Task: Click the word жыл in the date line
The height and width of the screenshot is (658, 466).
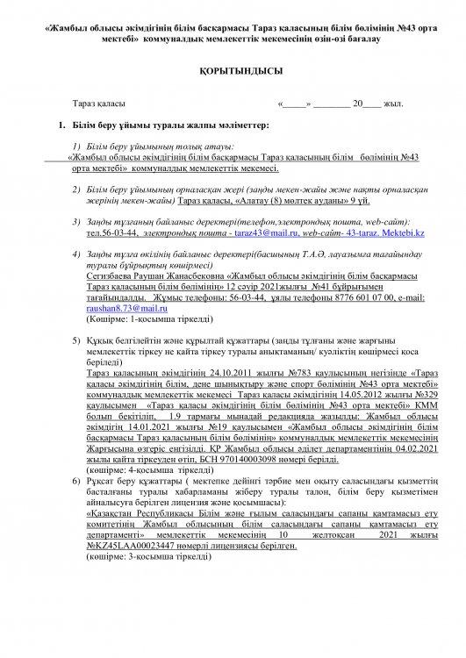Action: (x=392, y=104)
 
